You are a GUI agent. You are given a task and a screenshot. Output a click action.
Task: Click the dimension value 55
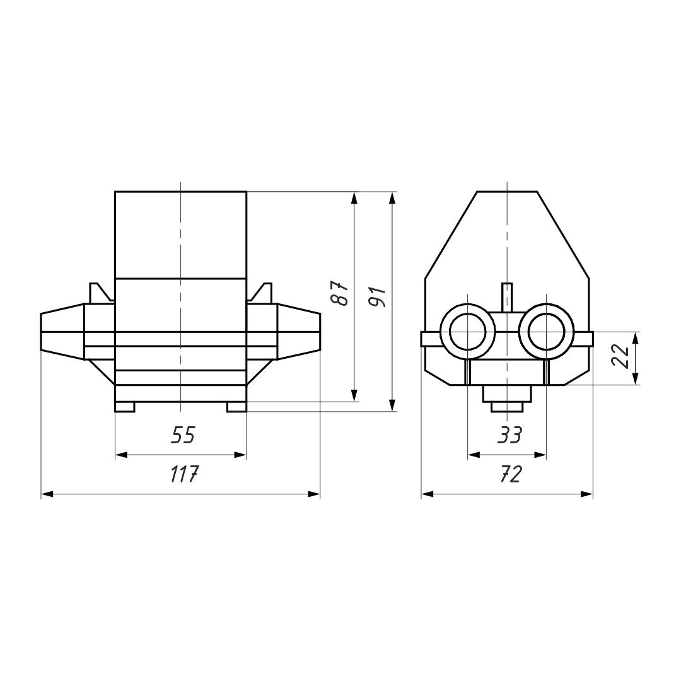pos(183,434)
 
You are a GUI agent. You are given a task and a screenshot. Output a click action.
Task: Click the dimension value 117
pos(183,474)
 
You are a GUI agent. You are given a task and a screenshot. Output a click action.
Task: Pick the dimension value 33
pos(509,434)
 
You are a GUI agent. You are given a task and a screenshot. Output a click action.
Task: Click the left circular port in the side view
pos(467,332)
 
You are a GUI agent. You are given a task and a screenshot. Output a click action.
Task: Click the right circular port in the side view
pos(547,332)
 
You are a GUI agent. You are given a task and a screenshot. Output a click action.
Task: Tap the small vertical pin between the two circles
pos(507,297)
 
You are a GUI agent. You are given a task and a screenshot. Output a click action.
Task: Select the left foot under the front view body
pos(125,407)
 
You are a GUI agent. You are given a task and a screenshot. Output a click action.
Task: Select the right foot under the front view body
pos(236,407)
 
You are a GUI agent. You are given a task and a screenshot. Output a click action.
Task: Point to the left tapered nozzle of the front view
pos(62,332)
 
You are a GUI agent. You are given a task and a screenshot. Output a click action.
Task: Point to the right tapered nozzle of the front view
pos(299,332)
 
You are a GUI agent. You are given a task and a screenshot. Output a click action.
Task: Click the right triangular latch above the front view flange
pos(260,293)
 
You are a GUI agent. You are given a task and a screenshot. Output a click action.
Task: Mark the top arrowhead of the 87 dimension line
pos(354,198)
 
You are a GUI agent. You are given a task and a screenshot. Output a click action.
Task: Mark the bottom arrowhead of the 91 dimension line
pos(392,405)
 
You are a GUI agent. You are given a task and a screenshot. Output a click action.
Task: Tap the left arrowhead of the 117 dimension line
pos(47,494)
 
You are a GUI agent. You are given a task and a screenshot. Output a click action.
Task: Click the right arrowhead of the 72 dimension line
pos(587,494)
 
